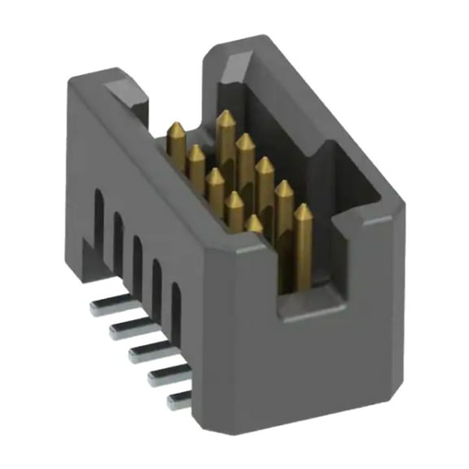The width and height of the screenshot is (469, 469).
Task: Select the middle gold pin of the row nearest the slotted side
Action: [x=215, y=178]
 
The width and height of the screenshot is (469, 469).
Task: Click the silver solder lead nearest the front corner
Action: [x=178, y=400]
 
